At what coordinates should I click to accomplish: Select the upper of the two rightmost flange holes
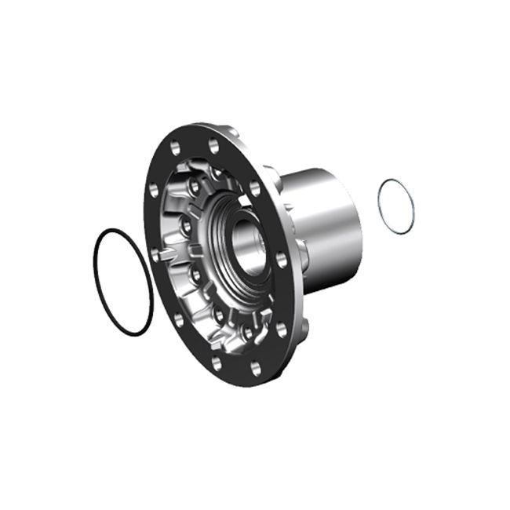pyautogui.click(x=281, y=260)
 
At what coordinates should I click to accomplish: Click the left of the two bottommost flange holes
pyautogui.click(x=216, y=363)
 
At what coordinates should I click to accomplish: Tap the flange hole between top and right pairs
pyautogui.click(x=254, y=188)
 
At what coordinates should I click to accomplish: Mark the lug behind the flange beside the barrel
pyautogui.click(x=301, y=254)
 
